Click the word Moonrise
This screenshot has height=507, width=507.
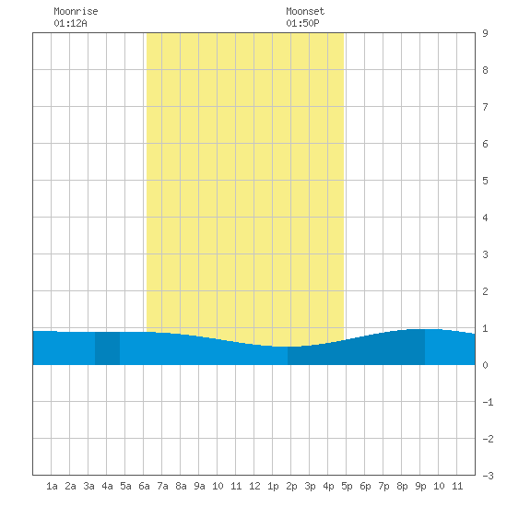(76, 11)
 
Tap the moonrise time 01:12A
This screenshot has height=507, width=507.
(70, 23)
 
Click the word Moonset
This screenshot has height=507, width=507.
(305, 11)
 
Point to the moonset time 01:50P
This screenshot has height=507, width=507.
(302, 23)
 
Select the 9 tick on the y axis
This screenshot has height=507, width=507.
(485, 33)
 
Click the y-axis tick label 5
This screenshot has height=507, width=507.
(485, 181)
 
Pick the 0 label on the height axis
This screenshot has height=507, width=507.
(485, 365)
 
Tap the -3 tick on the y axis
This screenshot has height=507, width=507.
(488, 476)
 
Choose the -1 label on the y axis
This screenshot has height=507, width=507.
(488, 402)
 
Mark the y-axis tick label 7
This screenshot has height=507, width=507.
(485, 107)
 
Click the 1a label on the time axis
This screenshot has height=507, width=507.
(52, 486)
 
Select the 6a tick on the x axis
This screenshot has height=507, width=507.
(144, 486)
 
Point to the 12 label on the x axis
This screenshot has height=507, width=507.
(254, 486)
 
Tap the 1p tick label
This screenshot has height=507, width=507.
(273, 486)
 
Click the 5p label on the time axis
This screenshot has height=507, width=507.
(347, 486)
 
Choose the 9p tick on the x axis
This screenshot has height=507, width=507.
(420, 486)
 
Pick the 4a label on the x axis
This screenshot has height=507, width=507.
(107, 486)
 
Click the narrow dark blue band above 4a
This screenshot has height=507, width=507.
(107, 348)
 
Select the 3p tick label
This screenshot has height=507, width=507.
(310, 486)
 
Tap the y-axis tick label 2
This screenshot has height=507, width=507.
(485, 291)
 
